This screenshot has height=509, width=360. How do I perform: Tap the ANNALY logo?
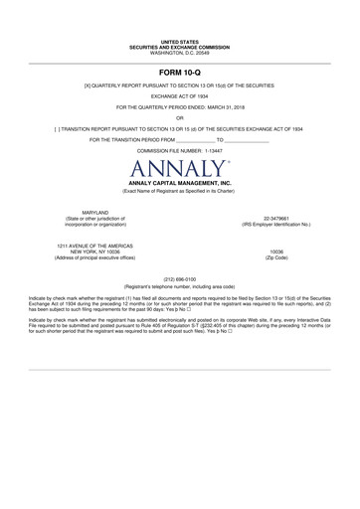click(x=180, y=168)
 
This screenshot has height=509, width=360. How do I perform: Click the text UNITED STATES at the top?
click(x=180, y=43)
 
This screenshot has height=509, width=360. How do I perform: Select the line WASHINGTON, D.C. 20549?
click(x=180, y=52)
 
